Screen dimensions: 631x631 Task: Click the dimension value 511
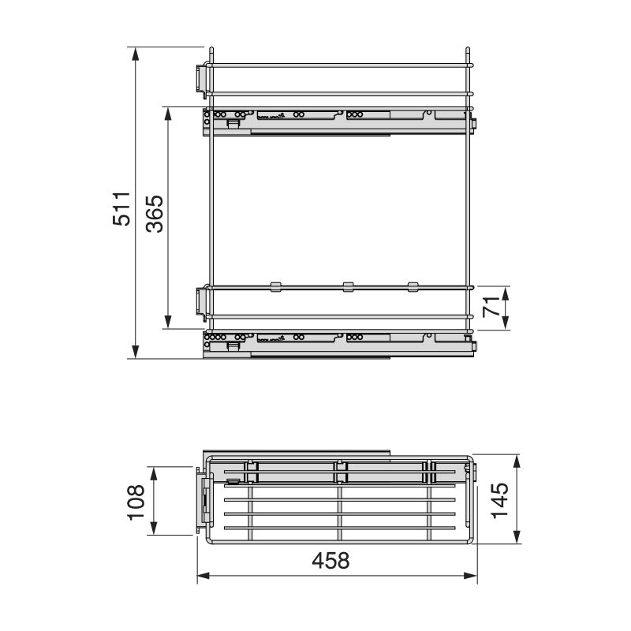pyautogui.click(x=120, y=208)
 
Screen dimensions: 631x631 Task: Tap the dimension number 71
pyautogui.click(x=491, y=307)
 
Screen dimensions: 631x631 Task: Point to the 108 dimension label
pyautogui.click(x=136, y=502)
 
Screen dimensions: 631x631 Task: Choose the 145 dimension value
pyautogui.click(x=500, y=499)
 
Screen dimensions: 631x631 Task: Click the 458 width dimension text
pyautogui.click(x=330, y=561)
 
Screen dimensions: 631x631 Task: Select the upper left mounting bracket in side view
pyautogui.click(x=201, y=77)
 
